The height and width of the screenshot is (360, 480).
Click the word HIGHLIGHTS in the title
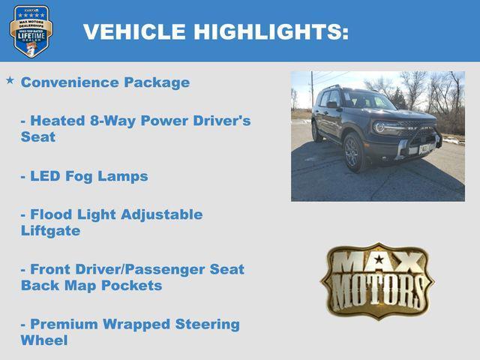point(271,31)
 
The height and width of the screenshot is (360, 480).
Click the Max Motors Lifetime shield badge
point(31,31)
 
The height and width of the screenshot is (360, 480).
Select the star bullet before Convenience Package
point(10,80)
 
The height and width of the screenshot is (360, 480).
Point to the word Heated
point(55,121)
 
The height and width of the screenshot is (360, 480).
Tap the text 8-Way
point(109,121)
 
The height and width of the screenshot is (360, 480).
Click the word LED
point(46,176)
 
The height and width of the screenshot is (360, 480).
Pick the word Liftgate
point(50,231)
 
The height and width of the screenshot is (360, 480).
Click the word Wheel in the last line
point(44,341)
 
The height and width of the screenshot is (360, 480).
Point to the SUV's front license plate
point(424,148)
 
